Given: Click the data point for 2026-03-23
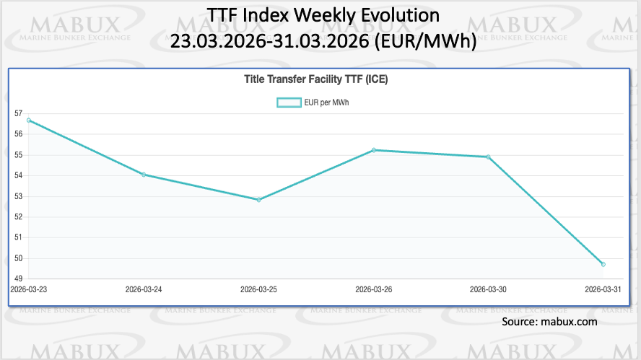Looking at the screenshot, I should coord(28,120).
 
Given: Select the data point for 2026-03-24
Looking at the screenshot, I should coord(144,175).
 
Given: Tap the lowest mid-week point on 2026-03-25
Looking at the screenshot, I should coord(258,199).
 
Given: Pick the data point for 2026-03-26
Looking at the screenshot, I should coord(373,150).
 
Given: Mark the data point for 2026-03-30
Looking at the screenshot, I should coord(488,157).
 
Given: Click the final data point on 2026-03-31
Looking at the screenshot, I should coord(603,264).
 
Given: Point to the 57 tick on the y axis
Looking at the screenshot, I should coord(17,114).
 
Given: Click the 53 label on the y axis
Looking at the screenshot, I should coord(17,196).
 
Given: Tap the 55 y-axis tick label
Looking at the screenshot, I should coord(17,155).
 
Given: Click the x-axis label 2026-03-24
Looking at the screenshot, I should coord(144,289).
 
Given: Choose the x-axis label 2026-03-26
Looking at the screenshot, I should coord(373,289).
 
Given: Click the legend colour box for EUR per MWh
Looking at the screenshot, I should coord(289,102).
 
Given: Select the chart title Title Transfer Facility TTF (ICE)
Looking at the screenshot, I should coord(317,80).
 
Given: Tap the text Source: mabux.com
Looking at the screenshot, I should coord(549,322).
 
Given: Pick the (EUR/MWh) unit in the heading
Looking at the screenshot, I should coord(426,41).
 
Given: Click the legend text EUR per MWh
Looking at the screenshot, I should coord(327,102).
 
